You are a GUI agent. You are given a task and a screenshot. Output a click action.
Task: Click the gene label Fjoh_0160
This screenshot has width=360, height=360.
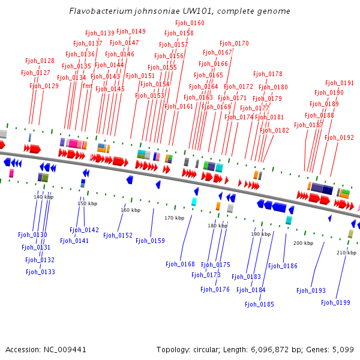(190, 23)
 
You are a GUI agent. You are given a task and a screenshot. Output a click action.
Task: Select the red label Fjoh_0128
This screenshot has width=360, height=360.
(40, 61)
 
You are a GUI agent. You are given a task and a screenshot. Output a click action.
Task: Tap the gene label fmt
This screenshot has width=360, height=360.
(88, 86)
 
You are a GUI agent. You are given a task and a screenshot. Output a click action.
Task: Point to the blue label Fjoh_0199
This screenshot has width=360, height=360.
(335, 302)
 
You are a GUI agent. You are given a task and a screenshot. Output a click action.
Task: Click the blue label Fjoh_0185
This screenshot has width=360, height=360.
(259, 304)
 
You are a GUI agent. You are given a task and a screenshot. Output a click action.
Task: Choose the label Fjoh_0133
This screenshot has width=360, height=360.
(40, 272)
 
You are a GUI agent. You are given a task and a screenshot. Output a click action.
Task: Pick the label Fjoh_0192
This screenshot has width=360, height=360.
(339, 138)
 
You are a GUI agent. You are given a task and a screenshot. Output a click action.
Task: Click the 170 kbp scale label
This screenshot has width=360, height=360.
(174, 218)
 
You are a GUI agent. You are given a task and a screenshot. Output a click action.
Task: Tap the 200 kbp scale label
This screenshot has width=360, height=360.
(303, 243)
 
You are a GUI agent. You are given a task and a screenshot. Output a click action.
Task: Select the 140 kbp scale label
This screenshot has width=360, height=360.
(43, 197)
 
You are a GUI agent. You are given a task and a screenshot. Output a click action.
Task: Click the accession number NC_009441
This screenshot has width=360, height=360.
(65, 350)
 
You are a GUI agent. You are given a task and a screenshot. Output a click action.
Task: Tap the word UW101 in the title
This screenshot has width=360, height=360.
(197, 11)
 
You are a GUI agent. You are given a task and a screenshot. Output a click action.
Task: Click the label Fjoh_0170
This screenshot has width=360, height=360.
(234, 43)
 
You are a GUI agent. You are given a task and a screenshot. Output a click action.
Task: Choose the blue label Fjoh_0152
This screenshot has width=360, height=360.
(118, 236)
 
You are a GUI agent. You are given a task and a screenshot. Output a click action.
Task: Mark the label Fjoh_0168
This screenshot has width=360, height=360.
(180, 264)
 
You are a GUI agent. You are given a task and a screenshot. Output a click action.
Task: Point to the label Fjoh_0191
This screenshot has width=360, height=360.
(340, 83)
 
